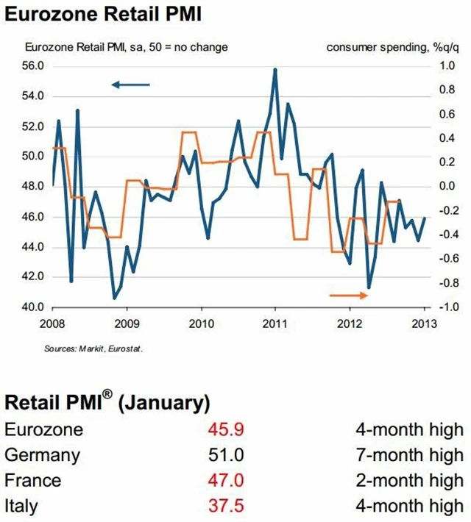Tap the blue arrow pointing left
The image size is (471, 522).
pos(130,85)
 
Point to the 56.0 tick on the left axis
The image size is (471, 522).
pos(33,66)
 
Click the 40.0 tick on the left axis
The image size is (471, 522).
pos(33,307)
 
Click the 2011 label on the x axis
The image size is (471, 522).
pos(275,323)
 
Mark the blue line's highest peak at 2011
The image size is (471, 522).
pos(275,69)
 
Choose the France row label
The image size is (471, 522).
pos(33,480)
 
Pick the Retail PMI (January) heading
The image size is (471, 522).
pos(107,402)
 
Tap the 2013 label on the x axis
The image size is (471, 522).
pos(425,323)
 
